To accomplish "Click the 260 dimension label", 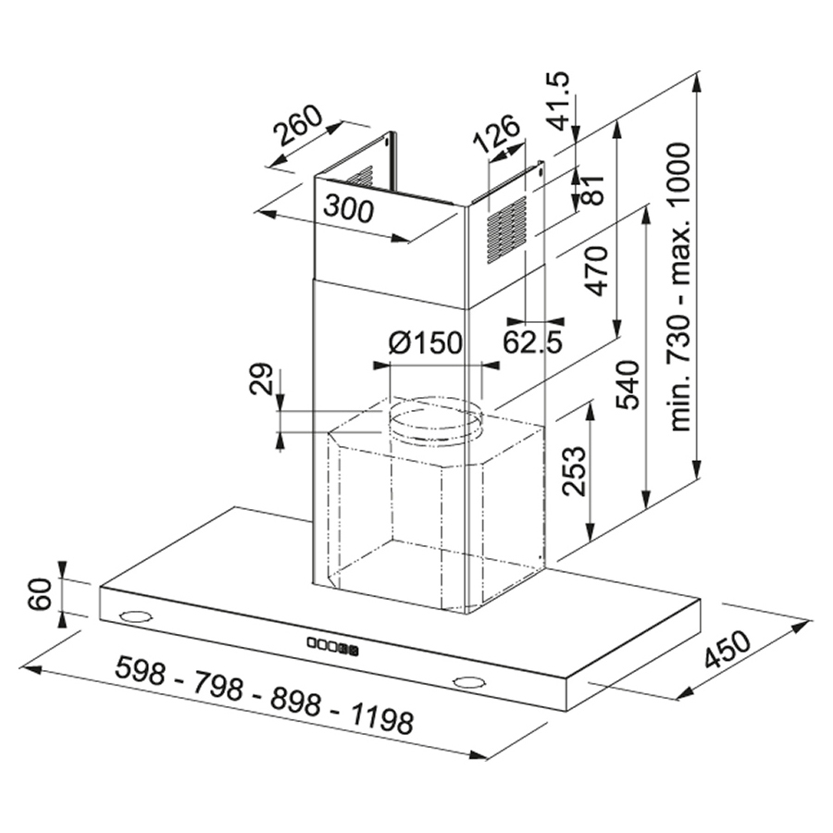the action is click(298, 127).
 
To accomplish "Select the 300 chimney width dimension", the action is click(349, 208).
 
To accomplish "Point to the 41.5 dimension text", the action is click(559, 101).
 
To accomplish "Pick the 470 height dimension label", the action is click(597, 270).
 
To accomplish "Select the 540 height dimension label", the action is click(628, 385).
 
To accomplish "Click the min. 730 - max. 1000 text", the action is click(680, 287).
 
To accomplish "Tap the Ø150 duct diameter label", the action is click(426, 342).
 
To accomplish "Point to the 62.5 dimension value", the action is click(532, 342).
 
